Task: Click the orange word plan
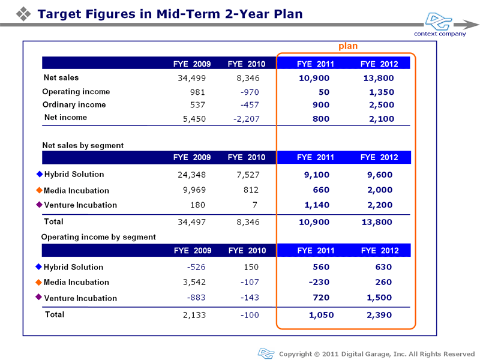tap(348, 46)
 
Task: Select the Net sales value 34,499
tap(191, 79)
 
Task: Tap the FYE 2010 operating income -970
tap(250, 92)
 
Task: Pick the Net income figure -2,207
tap(246, 119)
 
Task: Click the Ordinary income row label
tap(74, 104)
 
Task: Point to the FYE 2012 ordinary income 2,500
tap(382, 105)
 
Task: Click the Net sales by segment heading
tap(83, 145)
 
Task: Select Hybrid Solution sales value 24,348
tap(191, 175)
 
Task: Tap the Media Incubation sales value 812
tap(251, 190)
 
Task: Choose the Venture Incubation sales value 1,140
tap(317, 205)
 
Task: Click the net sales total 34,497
tap(191, 222)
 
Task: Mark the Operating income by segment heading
tap(98, 237)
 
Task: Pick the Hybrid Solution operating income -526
tap(196, 267)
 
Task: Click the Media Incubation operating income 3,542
tap(194, 282)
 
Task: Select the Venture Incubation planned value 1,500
tap(379, 298)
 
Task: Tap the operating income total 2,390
tap(379, 315)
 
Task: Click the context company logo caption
tap(440, 34)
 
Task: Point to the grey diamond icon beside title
tap(23, 14)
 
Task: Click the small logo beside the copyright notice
tap(266, 353)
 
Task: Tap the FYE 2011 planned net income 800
tap(321, 119)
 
